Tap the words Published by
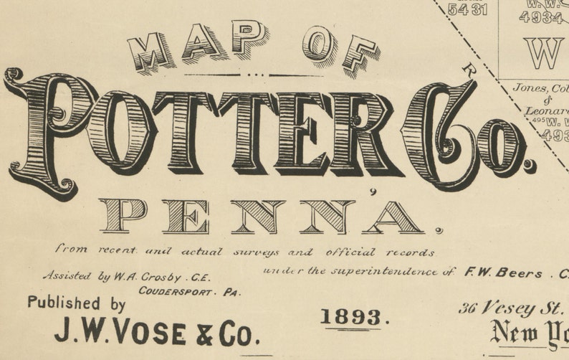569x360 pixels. point(77,303)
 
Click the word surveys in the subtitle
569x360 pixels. point(252,252)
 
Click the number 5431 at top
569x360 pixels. point(467,9)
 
